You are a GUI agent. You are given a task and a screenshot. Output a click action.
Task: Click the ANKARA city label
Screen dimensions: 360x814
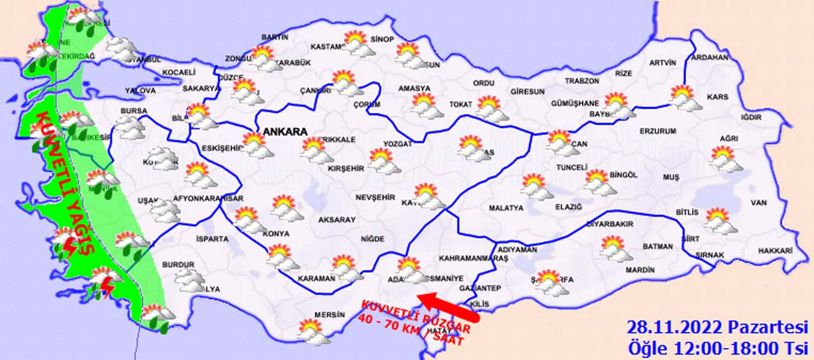click(x=285, y=132)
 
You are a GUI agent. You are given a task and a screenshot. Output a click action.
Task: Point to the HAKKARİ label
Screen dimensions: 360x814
click(x=775, y=251)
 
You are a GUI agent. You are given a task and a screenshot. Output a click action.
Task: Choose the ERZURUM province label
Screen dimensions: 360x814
click(x=658, y=131)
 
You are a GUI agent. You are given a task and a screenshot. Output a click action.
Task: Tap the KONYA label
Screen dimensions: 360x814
click(x=276, y=234)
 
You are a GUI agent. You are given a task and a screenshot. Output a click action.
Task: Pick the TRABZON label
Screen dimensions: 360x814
click(x=581, y=81)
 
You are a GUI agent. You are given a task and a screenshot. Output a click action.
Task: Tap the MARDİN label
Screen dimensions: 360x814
click(x=640, y=270)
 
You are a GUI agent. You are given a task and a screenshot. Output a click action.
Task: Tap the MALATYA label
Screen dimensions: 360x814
click(x=506, y=208)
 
